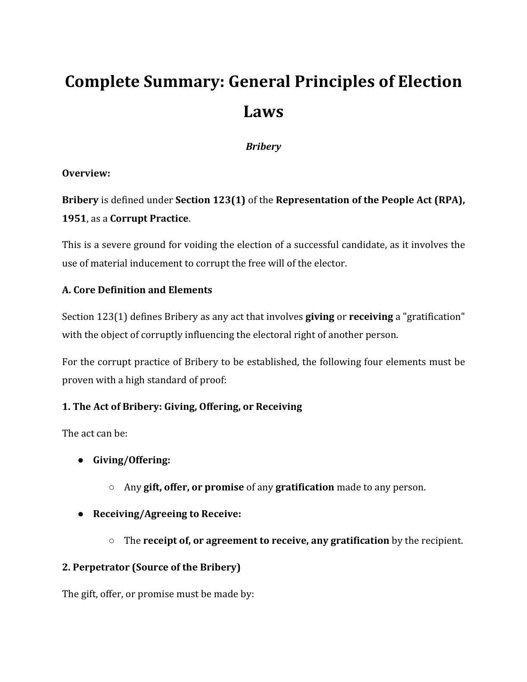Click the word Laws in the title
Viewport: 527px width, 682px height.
tap(263, 112)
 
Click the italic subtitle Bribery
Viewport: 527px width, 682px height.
tap(263, 146)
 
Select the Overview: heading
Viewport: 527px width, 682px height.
tap(86, 174)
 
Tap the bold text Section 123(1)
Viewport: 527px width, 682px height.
tap(210, 200)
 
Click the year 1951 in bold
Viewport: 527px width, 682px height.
tap(74, 218)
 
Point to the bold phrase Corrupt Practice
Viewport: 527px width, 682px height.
tap(149, 218)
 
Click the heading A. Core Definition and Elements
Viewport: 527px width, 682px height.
tap(137, 290)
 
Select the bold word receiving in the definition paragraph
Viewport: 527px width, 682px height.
tap(371, 317)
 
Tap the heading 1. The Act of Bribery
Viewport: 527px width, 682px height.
tap(182, 406)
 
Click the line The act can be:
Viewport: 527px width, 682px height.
tap(95, 433)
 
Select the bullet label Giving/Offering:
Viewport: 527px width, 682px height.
tap(131, 460)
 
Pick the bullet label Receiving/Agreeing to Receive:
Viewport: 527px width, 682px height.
tap(167, 514)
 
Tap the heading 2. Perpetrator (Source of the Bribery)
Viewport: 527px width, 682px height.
tap(151, 567)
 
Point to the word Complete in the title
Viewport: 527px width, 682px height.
tap(101, 81)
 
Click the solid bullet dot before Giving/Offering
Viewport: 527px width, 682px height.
tap(81, 460)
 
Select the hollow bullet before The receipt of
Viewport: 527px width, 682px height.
tap(112, 540)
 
